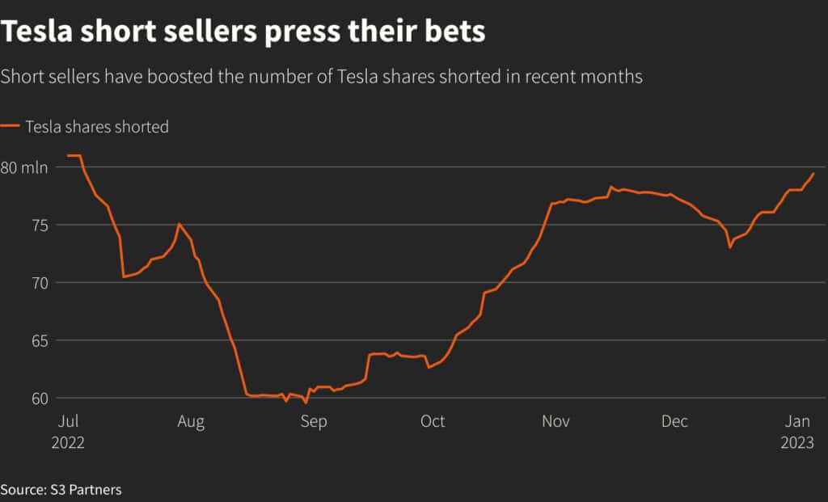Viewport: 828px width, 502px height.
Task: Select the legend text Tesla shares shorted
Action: (x=96, y=127)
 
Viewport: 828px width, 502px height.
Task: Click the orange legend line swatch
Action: (x=10, y=127)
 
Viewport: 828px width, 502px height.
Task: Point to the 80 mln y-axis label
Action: (x=24, y=167)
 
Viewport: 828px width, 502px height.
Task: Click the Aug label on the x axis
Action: (x=191, y=422)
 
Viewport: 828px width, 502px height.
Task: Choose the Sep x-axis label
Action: (x=313, y=422)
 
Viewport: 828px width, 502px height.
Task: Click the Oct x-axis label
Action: (x=433, y=422)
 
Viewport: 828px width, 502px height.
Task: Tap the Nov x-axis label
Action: (x=556, y=422)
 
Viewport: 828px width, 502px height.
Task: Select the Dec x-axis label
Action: (x=674, y=422)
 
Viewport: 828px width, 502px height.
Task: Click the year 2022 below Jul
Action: (x=68, y=443)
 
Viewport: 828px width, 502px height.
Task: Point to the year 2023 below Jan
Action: (x=796, y=443)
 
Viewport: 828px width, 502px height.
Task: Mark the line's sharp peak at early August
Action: (x=179, y=224)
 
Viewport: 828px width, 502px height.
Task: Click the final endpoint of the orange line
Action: (x=813, y=174)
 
